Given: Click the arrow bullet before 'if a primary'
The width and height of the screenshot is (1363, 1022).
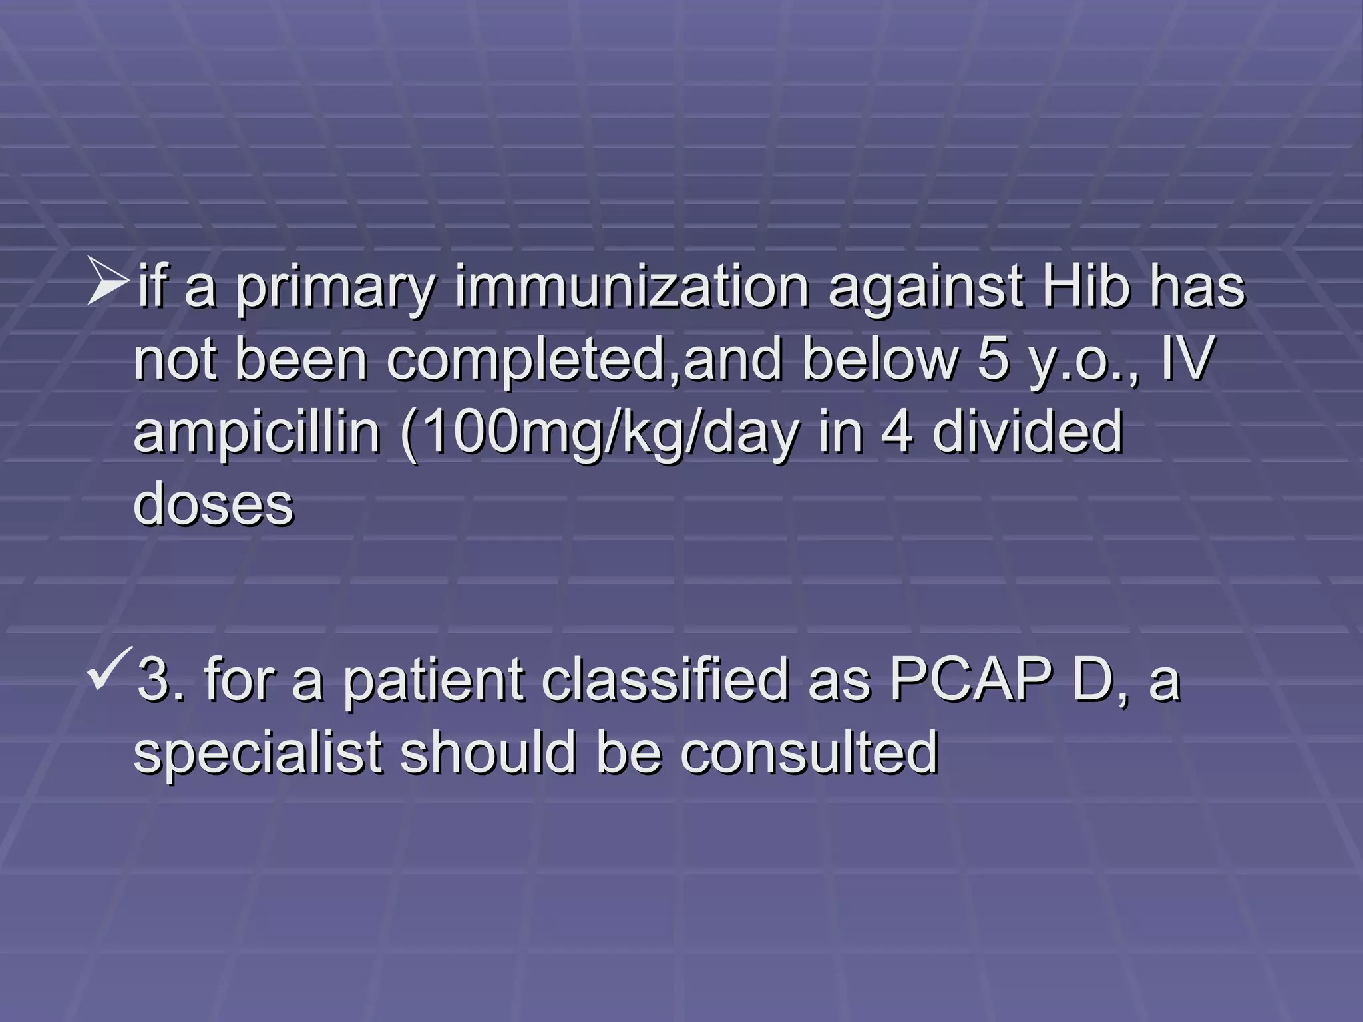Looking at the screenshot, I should (x=107, y=282).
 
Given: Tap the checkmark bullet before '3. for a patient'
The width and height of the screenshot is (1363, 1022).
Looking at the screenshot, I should (x=110, y=669).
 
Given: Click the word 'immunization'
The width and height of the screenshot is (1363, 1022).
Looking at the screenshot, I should (x=632, y=288).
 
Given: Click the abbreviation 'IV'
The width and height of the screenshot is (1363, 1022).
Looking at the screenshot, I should (x=1187, y=359).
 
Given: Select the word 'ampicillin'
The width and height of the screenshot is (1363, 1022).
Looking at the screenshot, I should (x=257, y=433).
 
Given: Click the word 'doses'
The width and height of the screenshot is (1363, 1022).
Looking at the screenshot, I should (x=214, y=503).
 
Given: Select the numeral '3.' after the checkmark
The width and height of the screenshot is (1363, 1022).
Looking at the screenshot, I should (x=161, y=680).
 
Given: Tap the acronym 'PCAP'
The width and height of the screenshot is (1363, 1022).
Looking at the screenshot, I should (x=971, y=680).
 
